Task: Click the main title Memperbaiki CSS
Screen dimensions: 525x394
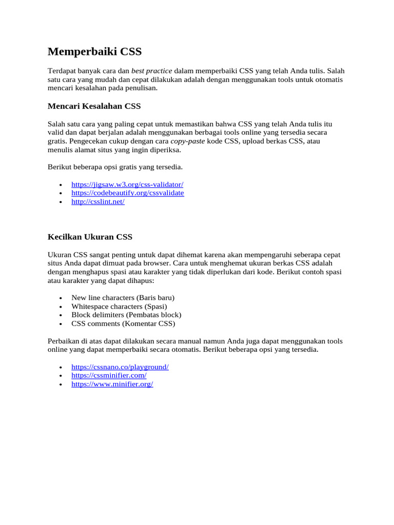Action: point(94,52)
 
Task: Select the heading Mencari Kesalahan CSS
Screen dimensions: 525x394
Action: point(94,106)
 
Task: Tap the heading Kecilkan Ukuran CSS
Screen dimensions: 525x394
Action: point(90,237)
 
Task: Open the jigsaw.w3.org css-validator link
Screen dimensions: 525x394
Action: point(127,184)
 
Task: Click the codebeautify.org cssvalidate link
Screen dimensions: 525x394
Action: point(127,193)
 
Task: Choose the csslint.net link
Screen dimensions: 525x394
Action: point(98,201)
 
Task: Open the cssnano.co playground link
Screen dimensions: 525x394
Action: point(120,367)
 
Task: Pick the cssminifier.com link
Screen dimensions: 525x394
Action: point(109,376)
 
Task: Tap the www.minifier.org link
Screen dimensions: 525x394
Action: point(112,384)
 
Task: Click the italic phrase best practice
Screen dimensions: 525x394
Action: point(152,71)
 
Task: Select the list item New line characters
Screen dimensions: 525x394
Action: point(123,298)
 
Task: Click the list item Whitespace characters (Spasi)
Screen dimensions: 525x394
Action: point(119,307)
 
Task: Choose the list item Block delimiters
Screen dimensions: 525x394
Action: point(126,315)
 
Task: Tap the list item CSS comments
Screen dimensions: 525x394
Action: point(123,324)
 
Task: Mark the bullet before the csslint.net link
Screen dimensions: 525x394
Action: point(61,202)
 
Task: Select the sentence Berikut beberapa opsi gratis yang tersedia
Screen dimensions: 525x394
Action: point(115,167)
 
